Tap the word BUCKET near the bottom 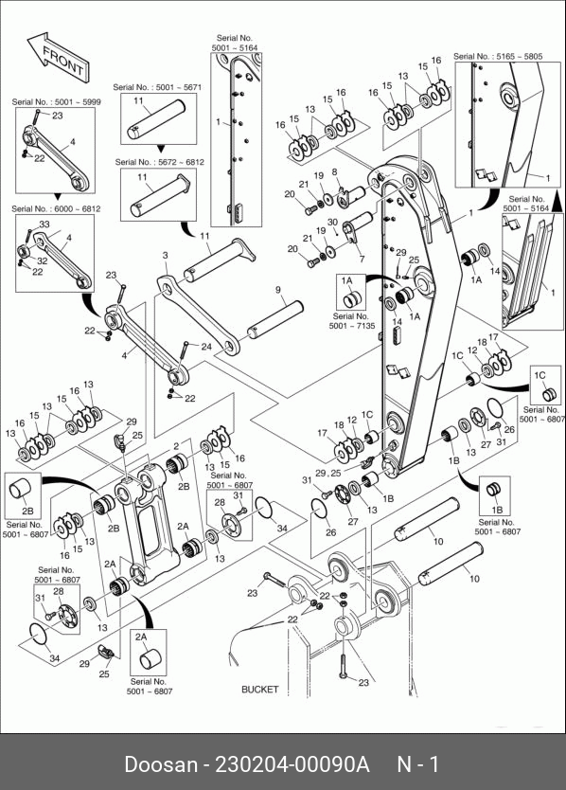coord(260,690)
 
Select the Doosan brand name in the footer coord(161,764)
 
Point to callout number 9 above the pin coord(278,290)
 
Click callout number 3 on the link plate coord(166,256)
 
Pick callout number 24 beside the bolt coord(206,347)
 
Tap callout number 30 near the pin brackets coord(332,223)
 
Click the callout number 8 coord(334,172)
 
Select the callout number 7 coord(362,260)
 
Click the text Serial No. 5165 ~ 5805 coord(498,57)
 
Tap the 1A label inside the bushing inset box coord(347,280)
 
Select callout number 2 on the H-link coord(176,446)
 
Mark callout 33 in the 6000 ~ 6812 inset coord(44,224)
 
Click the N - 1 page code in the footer coord(418,764)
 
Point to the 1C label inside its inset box coord(539,375)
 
